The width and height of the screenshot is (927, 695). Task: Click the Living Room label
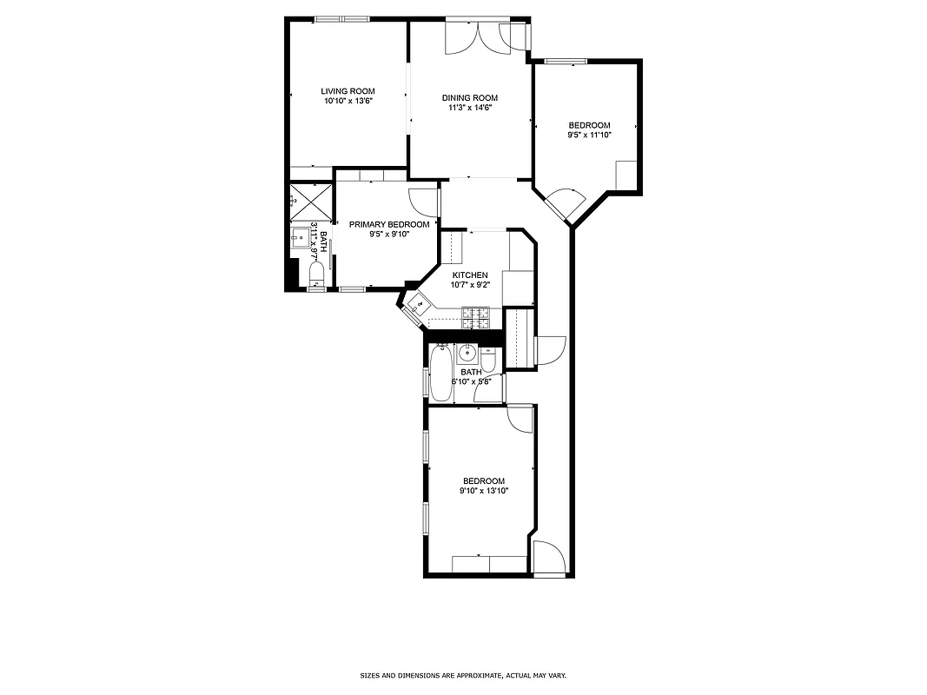[348, 91]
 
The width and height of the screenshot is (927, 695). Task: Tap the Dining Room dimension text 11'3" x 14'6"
[470, 108]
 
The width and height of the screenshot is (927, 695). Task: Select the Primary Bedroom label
[388, 224]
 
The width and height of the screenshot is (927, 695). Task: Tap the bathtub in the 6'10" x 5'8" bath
[441, 374]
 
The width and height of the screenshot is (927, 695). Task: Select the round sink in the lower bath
[467, 353]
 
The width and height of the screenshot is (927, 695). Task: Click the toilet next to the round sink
[489, 358]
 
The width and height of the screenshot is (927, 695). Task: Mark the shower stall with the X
[310, 201]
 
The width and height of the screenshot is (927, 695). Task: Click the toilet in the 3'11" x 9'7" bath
[316, 276]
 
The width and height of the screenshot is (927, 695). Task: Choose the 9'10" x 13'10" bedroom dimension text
[483, 491]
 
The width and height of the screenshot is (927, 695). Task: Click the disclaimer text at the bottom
[463, 675]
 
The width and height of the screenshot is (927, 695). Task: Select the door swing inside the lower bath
[488, 391]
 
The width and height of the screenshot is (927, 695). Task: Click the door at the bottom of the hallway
[549, 558]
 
